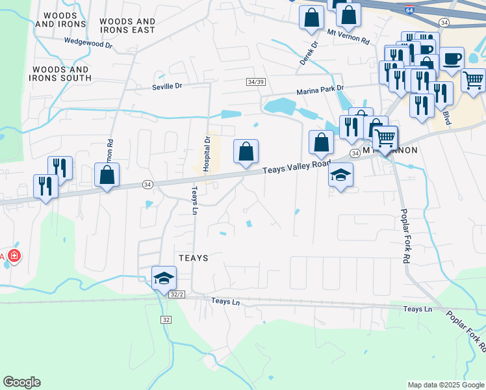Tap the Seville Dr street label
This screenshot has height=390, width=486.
(168, 87)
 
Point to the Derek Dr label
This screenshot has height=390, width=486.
(308, 54)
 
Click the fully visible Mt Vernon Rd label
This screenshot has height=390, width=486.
(348, 36)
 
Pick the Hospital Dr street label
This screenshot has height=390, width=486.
(207, 153)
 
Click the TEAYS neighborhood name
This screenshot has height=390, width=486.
(193, 258)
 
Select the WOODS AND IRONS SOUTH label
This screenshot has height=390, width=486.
(62, 73)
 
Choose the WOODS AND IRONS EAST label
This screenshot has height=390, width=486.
(127, 25)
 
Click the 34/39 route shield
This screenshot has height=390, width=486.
(256, 81)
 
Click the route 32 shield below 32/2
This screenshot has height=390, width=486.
(166, 319)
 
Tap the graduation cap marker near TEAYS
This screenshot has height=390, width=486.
(164, 278)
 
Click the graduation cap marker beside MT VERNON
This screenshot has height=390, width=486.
(340, 175)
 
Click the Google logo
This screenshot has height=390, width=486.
(21, 382)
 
